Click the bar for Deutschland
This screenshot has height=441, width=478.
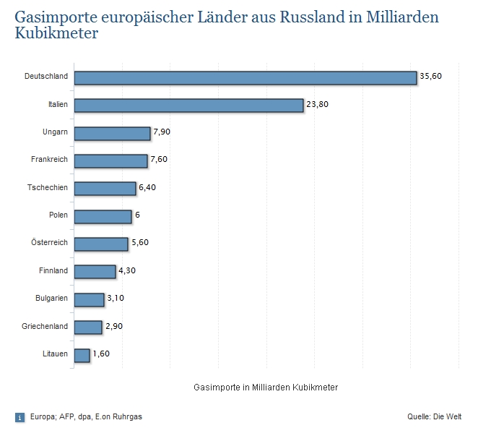point(245,77)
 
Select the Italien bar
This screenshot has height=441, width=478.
point(188,105)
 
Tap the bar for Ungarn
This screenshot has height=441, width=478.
point(112,133)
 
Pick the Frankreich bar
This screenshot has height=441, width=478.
point(110,160)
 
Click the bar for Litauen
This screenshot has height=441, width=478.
point(82,355)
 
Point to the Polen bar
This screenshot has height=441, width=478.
point(103,216)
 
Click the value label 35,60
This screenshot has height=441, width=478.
point(430,77)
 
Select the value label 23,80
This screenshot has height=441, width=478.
point(317,105)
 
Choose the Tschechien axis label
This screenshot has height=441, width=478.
point(48,187)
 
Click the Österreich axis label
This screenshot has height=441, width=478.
point(48,243)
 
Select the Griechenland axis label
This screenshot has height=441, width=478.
point(45,326)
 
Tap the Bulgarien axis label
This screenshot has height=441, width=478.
point(51,298)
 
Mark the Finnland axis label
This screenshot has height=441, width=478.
point(53,270)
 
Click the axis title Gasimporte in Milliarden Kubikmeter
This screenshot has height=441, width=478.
point(266,388)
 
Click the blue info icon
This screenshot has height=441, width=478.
point(19,417)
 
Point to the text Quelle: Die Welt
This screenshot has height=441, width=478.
point(434,416)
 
